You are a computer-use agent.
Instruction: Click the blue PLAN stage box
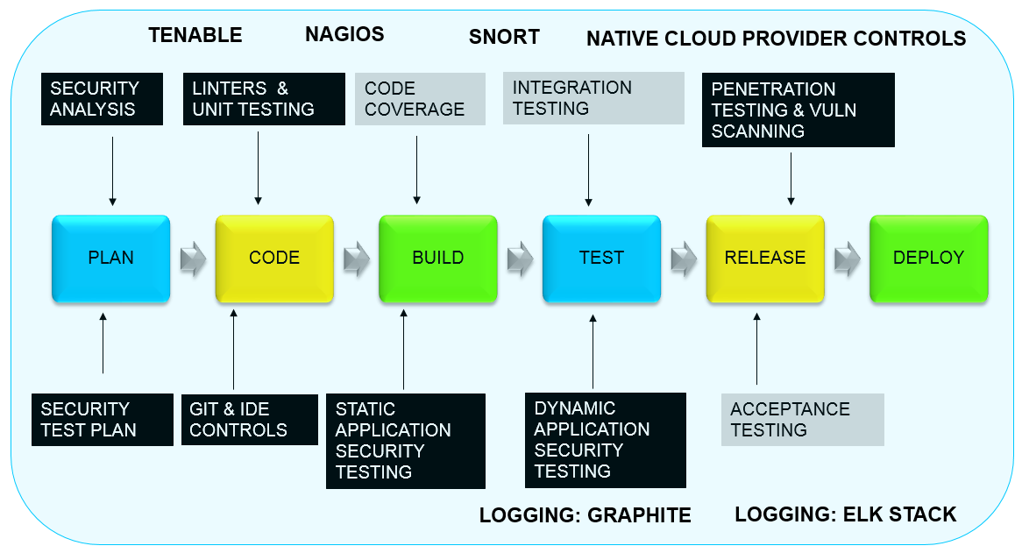[x=110, y=259]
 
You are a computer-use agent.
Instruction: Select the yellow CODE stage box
[x=274, y=259]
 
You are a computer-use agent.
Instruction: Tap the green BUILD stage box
[x=437, y=259]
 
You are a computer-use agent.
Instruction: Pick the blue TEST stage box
[x=601, y=259]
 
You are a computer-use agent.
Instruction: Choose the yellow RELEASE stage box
[x=764, y=259]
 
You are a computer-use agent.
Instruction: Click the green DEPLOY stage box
[x=928, y=259]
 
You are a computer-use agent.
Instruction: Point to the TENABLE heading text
[x=195, y=35]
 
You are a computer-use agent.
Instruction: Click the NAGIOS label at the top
[x=344, y=35]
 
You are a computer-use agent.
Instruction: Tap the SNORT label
[x=504, y=37]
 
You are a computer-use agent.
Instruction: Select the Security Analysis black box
[x=103, y=99]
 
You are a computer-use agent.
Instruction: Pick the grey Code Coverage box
[x=420, y=99]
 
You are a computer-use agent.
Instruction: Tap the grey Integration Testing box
[x=593, y=98]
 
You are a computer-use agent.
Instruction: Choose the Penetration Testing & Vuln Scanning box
[x=798, y=110]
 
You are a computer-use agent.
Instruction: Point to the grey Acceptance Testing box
[x=802, y=420]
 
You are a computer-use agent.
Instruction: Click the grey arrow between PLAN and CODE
[x=193, y=259]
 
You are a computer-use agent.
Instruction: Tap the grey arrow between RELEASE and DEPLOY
[x=847, y=259]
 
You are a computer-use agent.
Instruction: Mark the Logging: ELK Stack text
[x=845, y=514]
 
